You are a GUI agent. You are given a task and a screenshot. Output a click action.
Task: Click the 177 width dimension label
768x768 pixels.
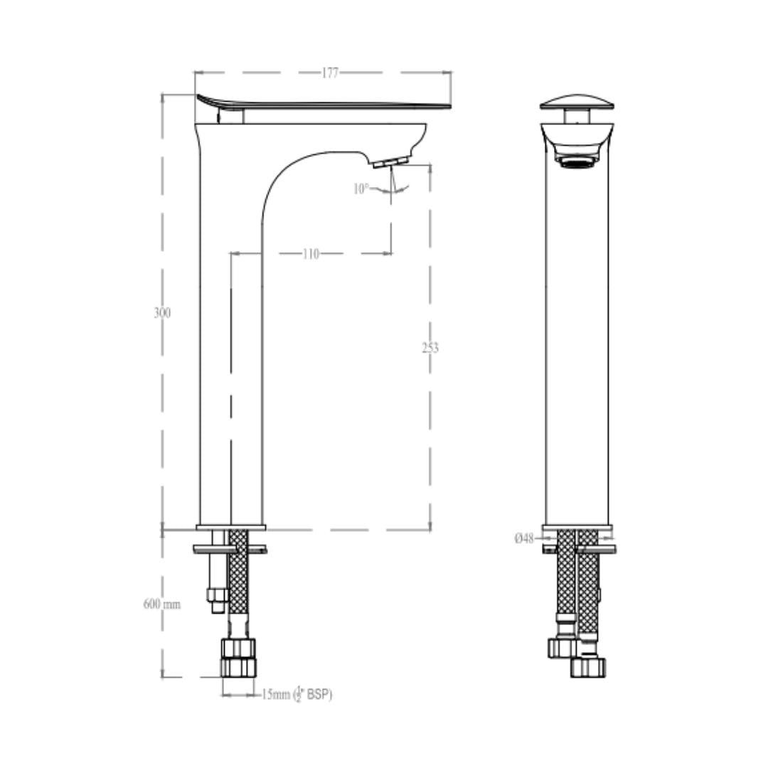(330, 73)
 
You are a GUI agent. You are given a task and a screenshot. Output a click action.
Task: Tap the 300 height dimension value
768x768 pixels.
(162, 312)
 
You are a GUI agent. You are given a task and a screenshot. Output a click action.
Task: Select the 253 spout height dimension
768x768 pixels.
(430, 348)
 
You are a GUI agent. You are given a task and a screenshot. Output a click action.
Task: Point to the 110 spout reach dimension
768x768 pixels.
(311, 254)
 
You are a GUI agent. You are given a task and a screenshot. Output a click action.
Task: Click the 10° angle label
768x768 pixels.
(361, 188)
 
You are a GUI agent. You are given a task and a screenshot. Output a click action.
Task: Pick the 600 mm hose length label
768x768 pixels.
(161, 604)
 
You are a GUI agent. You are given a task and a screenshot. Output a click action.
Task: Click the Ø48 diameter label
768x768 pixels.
(524, 538)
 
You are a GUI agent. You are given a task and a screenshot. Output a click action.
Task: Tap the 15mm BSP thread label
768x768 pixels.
(297, 694)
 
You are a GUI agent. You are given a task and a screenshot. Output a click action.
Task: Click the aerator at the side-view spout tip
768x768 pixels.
(390, 162)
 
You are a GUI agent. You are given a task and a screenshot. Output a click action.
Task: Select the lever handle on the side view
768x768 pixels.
(324, 102)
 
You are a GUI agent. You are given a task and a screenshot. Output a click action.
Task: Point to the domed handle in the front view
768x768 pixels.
(577, 102)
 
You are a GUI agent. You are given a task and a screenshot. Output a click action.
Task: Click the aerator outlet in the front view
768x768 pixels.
(577, 161)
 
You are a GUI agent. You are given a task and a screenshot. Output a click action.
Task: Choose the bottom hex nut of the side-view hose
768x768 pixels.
(238, 667)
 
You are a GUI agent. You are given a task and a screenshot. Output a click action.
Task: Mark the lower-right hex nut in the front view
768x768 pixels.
(588, 668)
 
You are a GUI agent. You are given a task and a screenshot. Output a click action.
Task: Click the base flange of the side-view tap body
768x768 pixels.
(230, 528)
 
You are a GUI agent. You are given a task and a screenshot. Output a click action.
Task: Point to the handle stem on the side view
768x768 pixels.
(231, 117)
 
